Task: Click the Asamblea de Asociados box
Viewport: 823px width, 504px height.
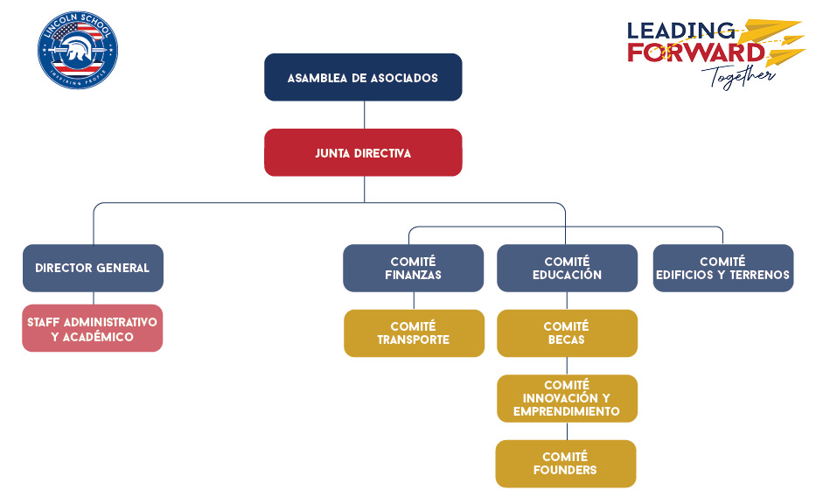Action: pyautogui.click(x=363, y=77)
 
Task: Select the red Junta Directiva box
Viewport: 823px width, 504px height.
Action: pyautogui.click(x=363, y=152)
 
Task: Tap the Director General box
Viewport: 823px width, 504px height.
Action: pyautogui.click(x=93, y=268)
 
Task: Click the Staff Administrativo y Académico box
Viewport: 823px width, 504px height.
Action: pyautogui.click(x=93, y=328)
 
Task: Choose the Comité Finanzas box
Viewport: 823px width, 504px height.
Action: pyautogui.click(x=413, y=268)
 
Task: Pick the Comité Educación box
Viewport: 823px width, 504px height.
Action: pyautogui.click(x=568, y=268)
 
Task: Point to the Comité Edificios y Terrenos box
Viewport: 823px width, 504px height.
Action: pyautogui.click(x=723, y=268)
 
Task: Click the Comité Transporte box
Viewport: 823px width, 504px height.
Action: pyautogui.click(x=415, y=333)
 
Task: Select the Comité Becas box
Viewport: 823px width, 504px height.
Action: pyautogui.click(x=568, y=333)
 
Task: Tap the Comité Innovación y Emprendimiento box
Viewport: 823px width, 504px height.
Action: pyautogui.click(x=568, y=398)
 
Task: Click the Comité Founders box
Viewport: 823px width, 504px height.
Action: pyautogui.click(x=566, y=464)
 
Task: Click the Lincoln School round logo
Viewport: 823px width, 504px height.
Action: pyautogui.click(x=78, y=50)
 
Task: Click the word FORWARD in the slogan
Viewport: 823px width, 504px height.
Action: pyautogui.click(x=696, y=52)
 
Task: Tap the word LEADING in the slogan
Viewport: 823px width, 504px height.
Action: pyautogui.click(x=680, y=31)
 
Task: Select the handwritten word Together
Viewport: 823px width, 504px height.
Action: pyautogui.click(x=739, y=77)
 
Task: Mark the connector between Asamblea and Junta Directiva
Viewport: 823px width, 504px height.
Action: pyautogui.click(x=364, y=115)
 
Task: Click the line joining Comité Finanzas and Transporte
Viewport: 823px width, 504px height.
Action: pyautogui.click(x=415, y=301)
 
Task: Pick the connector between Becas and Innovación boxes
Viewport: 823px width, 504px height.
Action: pyautogui.click(x=567, y=366)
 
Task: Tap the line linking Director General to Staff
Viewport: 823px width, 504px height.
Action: pyautogui.click(x=94, y=298)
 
